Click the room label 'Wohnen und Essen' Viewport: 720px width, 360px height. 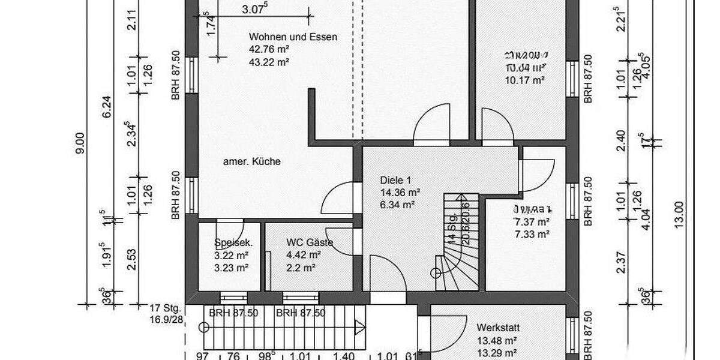pos(293,37)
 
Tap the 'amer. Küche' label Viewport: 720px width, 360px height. pos(252,161)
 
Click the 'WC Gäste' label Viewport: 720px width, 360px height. pos(309,242)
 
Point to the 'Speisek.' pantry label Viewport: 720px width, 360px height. pos(233,243)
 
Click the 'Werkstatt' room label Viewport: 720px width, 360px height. pos(498,328)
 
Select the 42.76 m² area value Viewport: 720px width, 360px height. pos(269,49)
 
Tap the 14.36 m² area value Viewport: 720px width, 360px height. pos(400,193)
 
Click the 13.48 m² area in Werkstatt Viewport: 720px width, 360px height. pos(497,341)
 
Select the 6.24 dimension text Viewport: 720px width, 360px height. pos(107,108)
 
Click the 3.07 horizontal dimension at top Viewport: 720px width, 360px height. pos(255,9)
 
